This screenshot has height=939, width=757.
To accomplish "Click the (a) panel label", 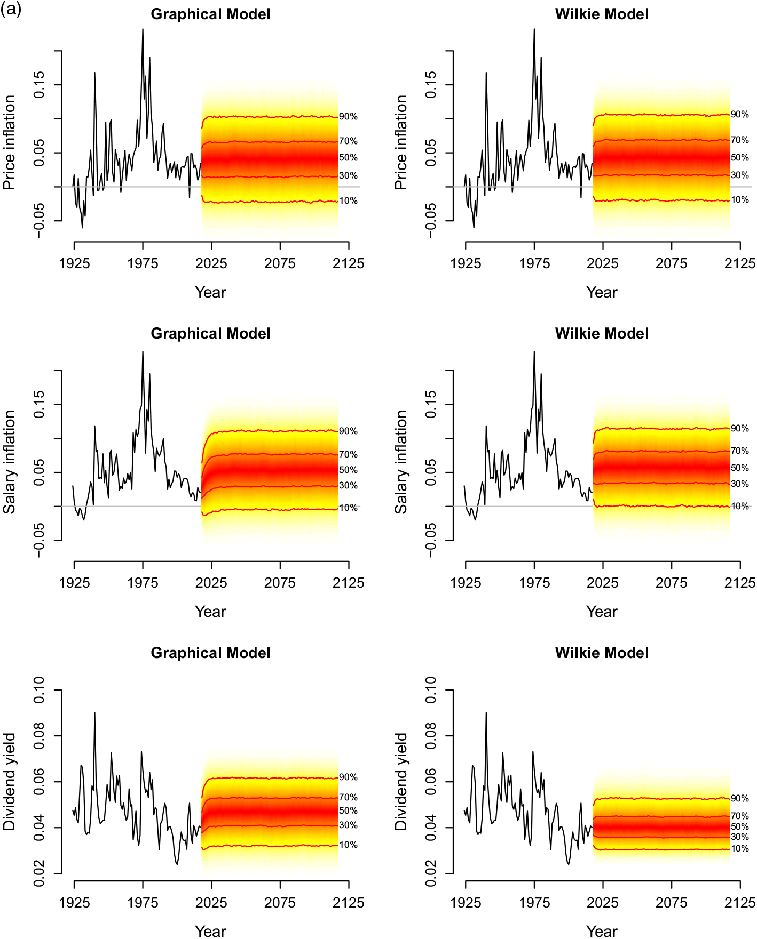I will (x=11, y=9).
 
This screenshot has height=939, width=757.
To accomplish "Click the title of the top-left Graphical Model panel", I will (x=210, y=14).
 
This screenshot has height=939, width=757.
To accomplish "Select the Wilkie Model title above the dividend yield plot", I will (x=602, y=653).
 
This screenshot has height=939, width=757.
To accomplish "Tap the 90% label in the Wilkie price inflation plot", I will (x=739, y=114).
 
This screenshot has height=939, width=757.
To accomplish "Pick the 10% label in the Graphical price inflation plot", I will (x=348, y=200).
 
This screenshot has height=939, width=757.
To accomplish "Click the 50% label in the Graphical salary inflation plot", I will (x=348, y=470).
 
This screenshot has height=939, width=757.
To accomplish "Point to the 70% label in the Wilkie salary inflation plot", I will (x=739, y=451).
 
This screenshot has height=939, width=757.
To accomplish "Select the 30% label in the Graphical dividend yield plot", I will (x=348, y=825).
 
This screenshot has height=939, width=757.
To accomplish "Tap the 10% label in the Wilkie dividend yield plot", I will (x=739, y=848).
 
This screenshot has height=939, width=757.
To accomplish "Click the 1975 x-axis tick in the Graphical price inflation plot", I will (x=143, y=263).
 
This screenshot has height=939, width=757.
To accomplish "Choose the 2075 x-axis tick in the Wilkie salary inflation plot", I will (x=671, y=583).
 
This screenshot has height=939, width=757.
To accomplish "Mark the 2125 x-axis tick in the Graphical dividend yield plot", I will (x=348, y=902).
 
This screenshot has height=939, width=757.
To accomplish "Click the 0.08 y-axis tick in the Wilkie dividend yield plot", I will (x=431, y=736).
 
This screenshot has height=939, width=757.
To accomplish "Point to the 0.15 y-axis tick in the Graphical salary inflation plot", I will (x=40, y=404).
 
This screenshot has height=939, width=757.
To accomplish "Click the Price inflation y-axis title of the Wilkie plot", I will (x=401, y=142).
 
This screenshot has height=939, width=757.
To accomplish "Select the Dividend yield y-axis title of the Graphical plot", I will (x=10, y=782).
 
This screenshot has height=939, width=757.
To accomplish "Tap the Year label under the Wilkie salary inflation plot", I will (x=602, y=612).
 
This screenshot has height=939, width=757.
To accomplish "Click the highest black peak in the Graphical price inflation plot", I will (x=143, y=29).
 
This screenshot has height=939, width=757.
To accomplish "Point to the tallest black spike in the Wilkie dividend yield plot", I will (x=486, y=712).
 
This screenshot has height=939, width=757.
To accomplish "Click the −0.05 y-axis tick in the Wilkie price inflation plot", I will (x=431, y=220).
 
